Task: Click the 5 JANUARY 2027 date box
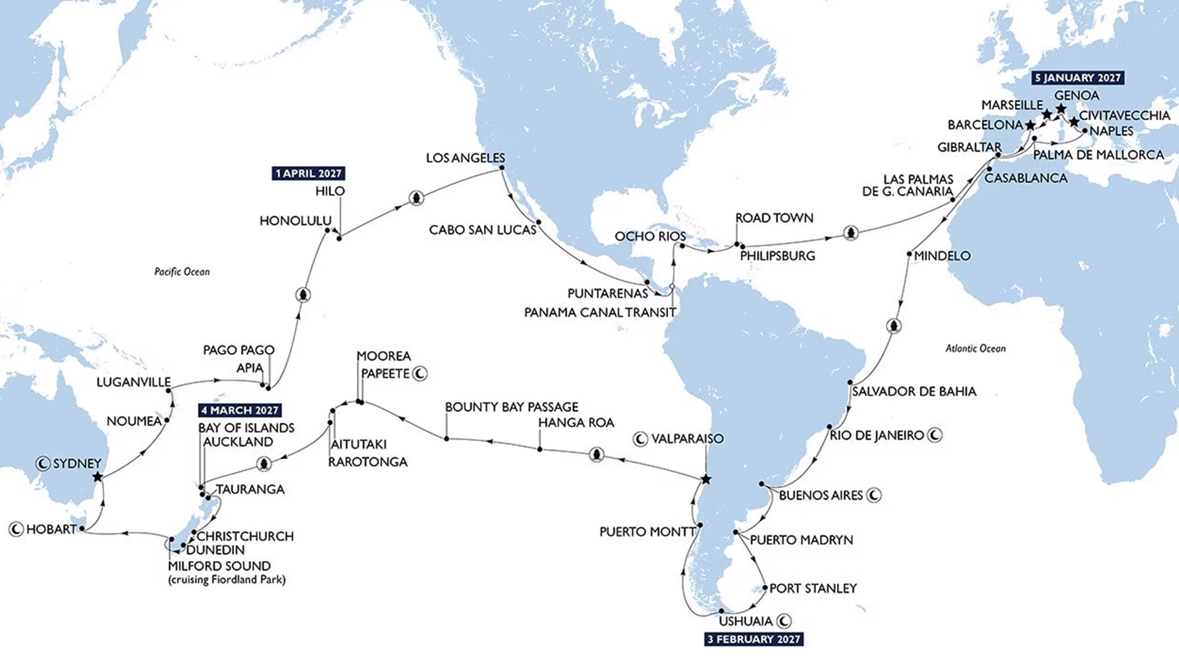pyautogui.click(x=1078, y=78)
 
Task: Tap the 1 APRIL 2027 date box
pyautogui.click(x=308, y=173)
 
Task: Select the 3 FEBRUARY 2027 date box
pyautogui.click(x=754, y=640)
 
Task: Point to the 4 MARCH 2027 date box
pyautogui.click(x=240, y=410)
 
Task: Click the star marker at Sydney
pyautogui.click(x=98, y=477)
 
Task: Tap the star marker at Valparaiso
pyautogui.click(x=706, y=479)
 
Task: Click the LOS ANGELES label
pyautogui.click(x=465, y=158)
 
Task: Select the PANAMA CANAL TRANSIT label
pyautogui.click(x=600, y=312)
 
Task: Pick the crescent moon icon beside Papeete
pyautogui.click(x=420, y=373)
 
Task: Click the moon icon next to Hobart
pyautogui.click(x=17, y=529)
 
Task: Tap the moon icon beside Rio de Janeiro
pyautogui.click(x=935, y=435)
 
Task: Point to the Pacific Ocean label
pyautogui.click(x=182, y=272)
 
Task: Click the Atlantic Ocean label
pyautogui.click(x=975, y=349)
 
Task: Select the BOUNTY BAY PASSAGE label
pyautogui.click(x=512, y=407)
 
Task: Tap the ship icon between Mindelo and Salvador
pyautogui.click(x=895, y=325)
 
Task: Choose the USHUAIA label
pyautogui.click(x=745, y=621)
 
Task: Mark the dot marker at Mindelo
pyautogui.click(x=909, y=254)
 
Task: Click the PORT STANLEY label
pyautogui.click(x=813, y=589)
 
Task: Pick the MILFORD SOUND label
pyautogui.click(x=219, y=566)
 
